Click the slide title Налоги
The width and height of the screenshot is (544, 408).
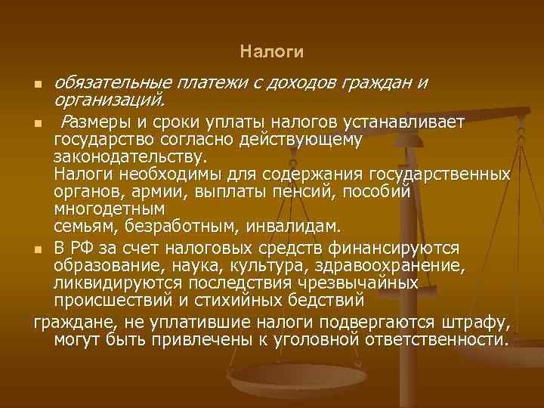pos(272,52)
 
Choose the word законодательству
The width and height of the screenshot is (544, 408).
pos(128,156)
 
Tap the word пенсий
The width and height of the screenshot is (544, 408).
pos(311,191)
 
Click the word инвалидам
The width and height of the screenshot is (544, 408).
pos(296,226)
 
